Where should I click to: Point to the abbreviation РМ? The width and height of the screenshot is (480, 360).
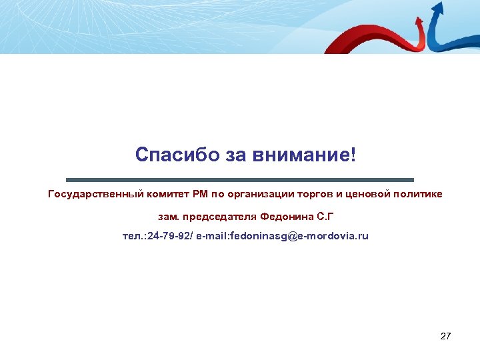tap(201, 194)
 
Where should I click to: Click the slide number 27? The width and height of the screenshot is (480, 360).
tap(445, 336)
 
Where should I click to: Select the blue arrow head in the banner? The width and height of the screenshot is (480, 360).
tap(438, 9)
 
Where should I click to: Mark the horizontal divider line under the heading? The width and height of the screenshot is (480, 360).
tap(240, 179)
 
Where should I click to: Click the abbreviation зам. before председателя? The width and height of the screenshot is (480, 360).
tap(169, 216)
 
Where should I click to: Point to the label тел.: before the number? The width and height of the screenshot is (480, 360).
tap(135, 237)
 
